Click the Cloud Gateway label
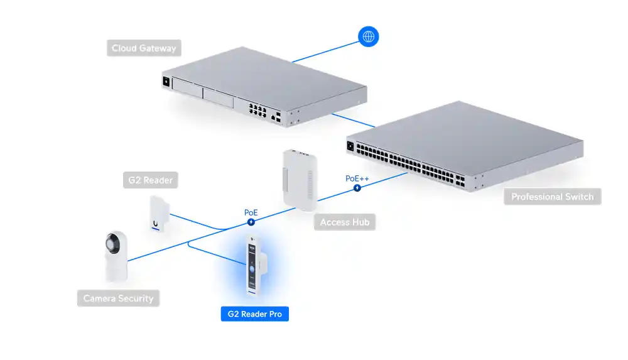pos(144,48)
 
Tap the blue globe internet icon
pos(368,36)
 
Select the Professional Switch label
pos(552,197)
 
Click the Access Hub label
pos(344,222)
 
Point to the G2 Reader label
pos(149,180)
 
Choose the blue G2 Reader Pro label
pos(254,314)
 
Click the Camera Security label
pos(118,298)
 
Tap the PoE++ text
pos(357,178)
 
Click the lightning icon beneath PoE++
pos(357,188)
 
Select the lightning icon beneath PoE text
pos(251,222)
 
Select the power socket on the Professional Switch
pos(350,147)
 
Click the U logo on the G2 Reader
pos(155,222)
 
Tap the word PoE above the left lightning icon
pos(251,212)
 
